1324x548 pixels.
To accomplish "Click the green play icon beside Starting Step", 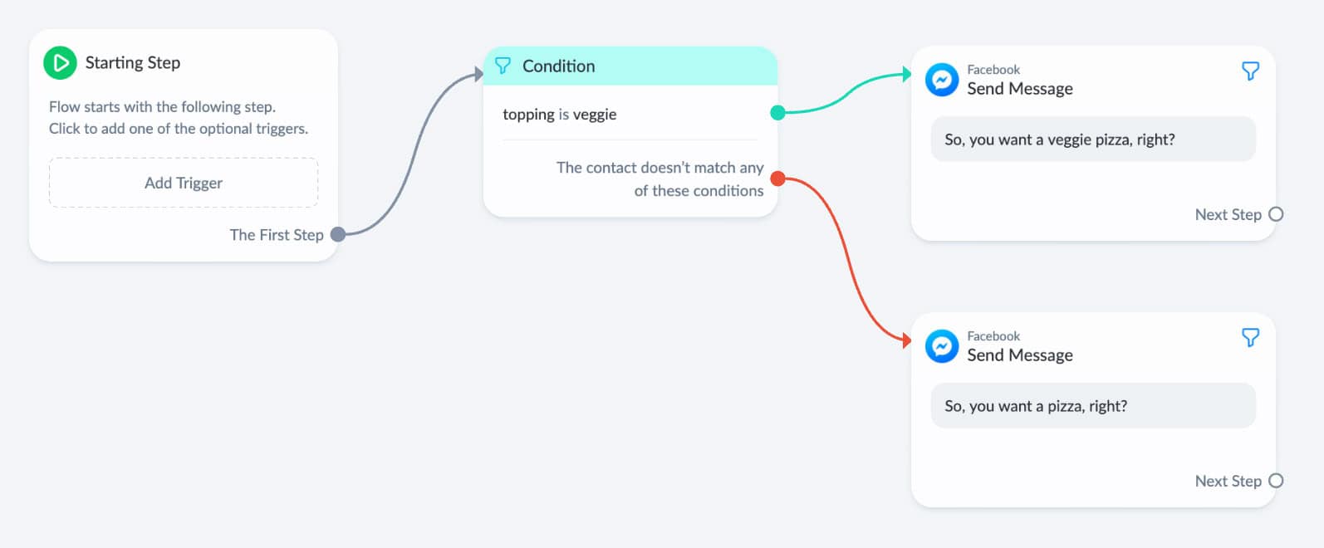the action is [60, 62].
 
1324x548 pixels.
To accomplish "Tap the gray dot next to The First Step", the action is [338, 235].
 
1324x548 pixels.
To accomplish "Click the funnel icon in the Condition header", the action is [503, 66].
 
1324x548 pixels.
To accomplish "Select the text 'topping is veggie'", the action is [559, 114].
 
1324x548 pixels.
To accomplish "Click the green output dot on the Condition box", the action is [777, 112].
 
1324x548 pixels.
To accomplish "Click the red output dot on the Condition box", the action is [777, 178].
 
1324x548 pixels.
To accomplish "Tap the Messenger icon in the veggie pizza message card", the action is [942, 80].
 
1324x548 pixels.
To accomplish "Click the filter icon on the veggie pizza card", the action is [1250, 71].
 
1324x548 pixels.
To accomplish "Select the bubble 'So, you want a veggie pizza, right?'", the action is [1093, 139].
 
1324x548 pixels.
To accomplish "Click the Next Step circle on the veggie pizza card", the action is [1276, 214].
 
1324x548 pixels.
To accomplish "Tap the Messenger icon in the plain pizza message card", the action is [942, 346].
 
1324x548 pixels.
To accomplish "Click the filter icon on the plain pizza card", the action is [1250, 338].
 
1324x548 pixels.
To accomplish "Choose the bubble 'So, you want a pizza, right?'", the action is [1093, 405].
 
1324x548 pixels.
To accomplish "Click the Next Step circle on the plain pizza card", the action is [1276, 481].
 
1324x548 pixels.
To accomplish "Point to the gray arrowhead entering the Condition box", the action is [478, 75].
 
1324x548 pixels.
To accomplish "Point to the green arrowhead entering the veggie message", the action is [907, 75].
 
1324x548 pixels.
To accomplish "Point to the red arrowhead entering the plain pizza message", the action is [907, 340].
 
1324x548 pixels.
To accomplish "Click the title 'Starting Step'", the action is [132, 62].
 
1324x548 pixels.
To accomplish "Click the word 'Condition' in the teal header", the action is [558, 66].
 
